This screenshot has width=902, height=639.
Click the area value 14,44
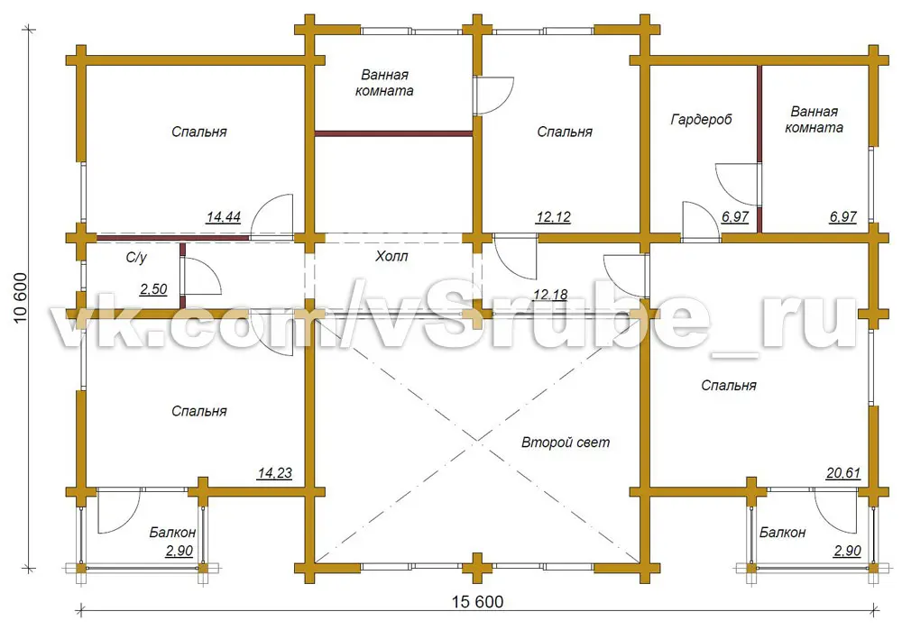pos(223,217)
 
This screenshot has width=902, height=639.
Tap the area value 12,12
pos(553,217)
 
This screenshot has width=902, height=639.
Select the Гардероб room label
pos(701,120)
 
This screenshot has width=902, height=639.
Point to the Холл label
pos(391,256)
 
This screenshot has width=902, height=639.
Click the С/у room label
pos(136,258)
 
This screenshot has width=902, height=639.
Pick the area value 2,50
pos(153,289)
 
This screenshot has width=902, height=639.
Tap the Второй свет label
pos(566,443)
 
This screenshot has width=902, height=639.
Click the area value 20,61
pos(843,473)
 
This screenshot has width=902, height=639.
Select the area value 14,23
pos(274,473)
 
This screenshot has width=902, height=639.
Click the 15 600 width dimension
pos(477,602)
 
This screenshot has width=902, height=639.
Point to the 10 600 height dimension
pos(20,297)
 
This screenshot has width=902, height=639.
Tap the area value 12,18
pos(550,296)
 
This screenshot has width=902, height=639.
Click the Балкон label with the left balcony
pos(172,533)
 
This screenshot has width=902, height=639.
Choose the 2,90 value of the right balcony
pos(847,551)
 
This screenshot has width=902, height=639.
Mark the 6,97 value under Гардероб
pos(734,217)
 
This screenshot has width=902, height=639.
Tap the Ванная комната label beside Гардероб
pos(814,120)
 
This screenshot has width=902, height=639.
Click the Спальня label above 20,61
pos(728,386)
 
